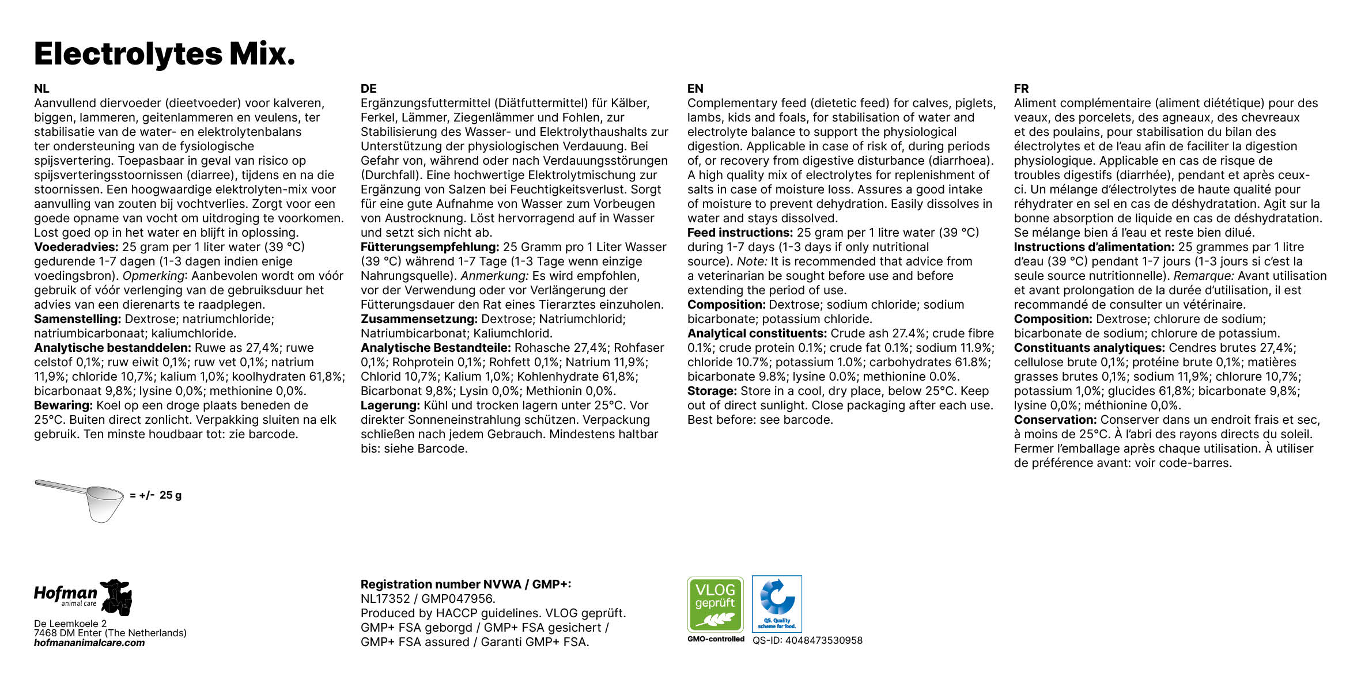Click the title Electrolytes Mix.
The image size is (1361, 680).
[x=165, y=54]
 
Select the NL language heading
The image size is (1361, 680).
[x=41, y=89]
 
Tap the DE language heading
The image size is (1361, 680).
[x=368, y=89]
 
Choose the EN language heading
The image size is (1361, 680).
[x=695, y=89]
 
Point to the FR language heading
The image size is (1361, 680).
[x=1021, y=89]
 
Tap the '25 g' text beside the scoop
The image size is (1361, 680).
[x=170, y=495]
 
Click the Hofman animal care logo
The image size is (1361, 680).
[x=83, y=597]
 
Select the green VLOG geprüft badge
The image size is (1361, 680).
[x=715, y=604]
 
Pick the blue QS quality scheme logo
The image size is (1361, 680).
[x=777, y=604]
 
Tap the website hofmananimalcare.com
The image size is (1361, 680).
[x=89, y=643]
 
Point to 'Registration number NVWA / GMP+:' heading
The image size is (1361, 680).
[x=466, y=584]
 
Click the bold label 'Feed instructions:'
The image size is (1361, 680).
[x=740, y=233]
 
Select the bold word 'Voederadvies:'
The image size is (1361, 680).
[x=76, y=247]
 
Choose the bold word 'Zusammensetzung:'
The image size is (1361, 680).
[x=419, y=319]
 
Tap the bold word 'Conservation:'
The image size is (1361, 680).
[x=1055, y=420]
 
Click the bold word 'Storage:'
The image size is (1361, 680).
[x=712, y=391]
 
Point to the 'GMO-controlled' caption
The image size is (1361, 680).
[x=716, y=639]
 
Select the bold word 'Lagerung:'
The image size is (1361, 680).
[x=390, y=405]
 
